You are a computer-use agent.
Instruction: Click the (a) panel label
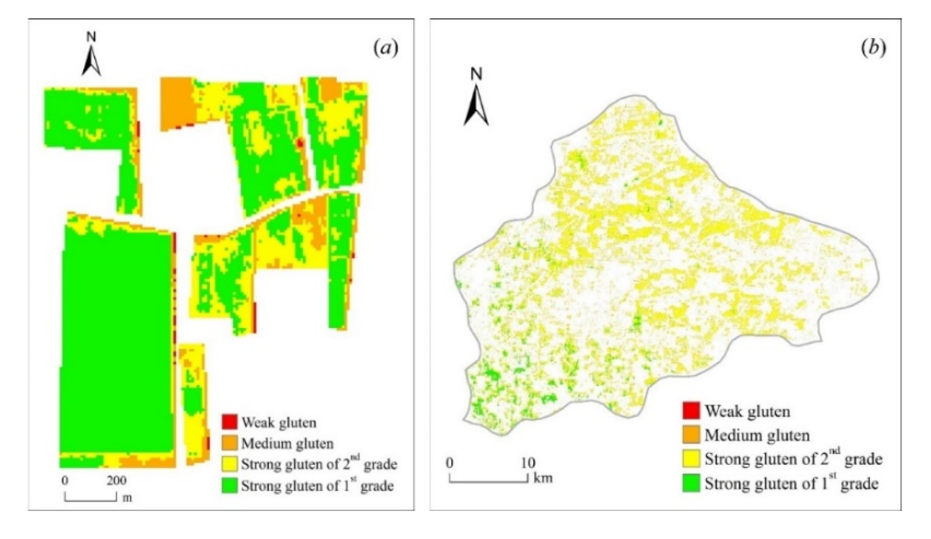pos(386,49)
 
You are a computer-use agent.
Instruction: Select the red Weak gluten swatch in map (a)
pos(229,422)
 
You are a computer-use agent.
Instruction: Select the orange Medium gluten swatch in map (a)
pos(229,443)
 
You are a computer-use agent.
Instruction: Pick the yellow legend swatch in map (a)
pos(229,464)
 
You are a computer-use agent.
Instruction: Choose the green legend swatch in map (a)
pos(229,485)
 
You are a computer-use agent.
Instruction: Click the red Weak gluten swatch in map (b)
pos(691,411)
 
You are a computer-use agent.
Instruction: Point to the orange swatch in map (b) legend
pos(691,435)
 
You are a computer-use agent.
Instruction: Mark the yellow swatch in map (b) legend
pos(691,459)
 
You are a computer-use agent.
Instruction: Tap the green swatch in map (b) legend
pos(691,483)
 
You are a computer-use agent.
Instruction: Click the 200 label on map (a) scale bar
pos(116,480)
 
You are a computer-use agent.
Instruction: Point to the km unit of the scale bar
pos(543,478)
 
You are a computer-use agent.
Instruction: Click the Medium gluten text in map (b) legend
pos(757,435)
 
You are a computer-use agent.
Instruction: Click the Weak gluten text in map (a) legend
pos(279,422)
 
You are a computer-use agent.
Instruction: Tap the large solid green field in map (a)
pos(117,343)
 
